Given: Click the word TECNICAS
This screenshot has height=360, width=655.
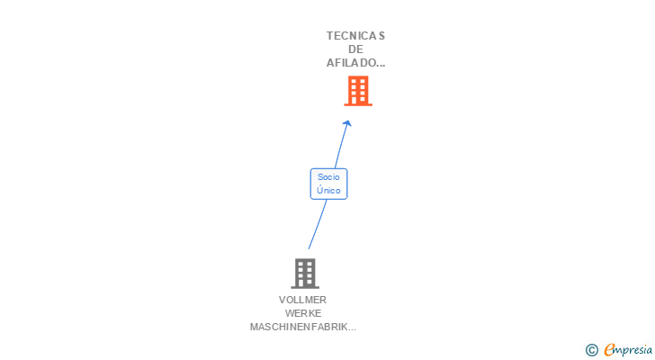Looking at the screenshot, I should tap(355, 36).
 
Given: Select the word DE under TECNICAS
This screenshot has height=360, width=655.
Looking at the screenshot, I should tap(355, 49).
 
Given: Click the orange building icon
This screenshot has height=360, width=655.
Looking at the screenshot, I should tap(358, 90).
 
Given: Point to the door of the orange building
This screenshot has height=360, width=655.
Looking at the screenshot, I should tap(358, 100).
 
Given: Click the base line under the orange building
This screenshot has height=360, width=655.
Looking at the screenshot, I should tap(358, 105).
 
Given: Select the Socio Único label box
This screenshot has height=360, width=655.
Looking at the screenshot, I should tap(328, 184).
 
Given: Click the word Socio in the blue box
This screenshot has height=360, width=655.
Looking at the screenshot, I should tap(328, 177).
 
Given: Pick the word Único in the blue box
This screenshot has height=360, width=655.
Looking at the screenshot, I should tap(328, 191).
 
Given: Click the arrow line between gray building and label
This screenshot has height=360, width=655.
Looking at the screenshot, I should tap(316, 225).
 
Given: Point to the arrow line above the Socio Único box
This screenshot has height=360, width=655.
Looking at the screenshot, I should tap(340, 147).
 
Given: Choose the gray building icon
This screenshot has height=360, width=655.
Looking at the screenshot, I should tap(305, 273).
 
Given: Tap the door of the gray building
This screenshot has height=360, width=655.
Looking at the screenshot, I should tap(305, 282).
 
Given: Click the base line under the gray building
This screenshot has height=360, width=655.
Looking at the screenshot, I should tap(305, 287).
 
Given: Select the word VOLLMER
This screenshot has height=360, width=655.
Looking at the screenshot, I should tap(303, 300).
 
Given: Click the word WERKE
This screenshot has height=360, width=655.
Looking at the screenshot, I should tap(303, 313).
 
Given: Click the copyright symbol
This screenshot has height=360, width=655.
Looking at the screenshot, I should tap(592, 350).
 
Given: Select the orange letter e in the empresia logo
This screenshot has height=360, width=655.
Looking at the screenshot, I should tap(609, 350).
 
